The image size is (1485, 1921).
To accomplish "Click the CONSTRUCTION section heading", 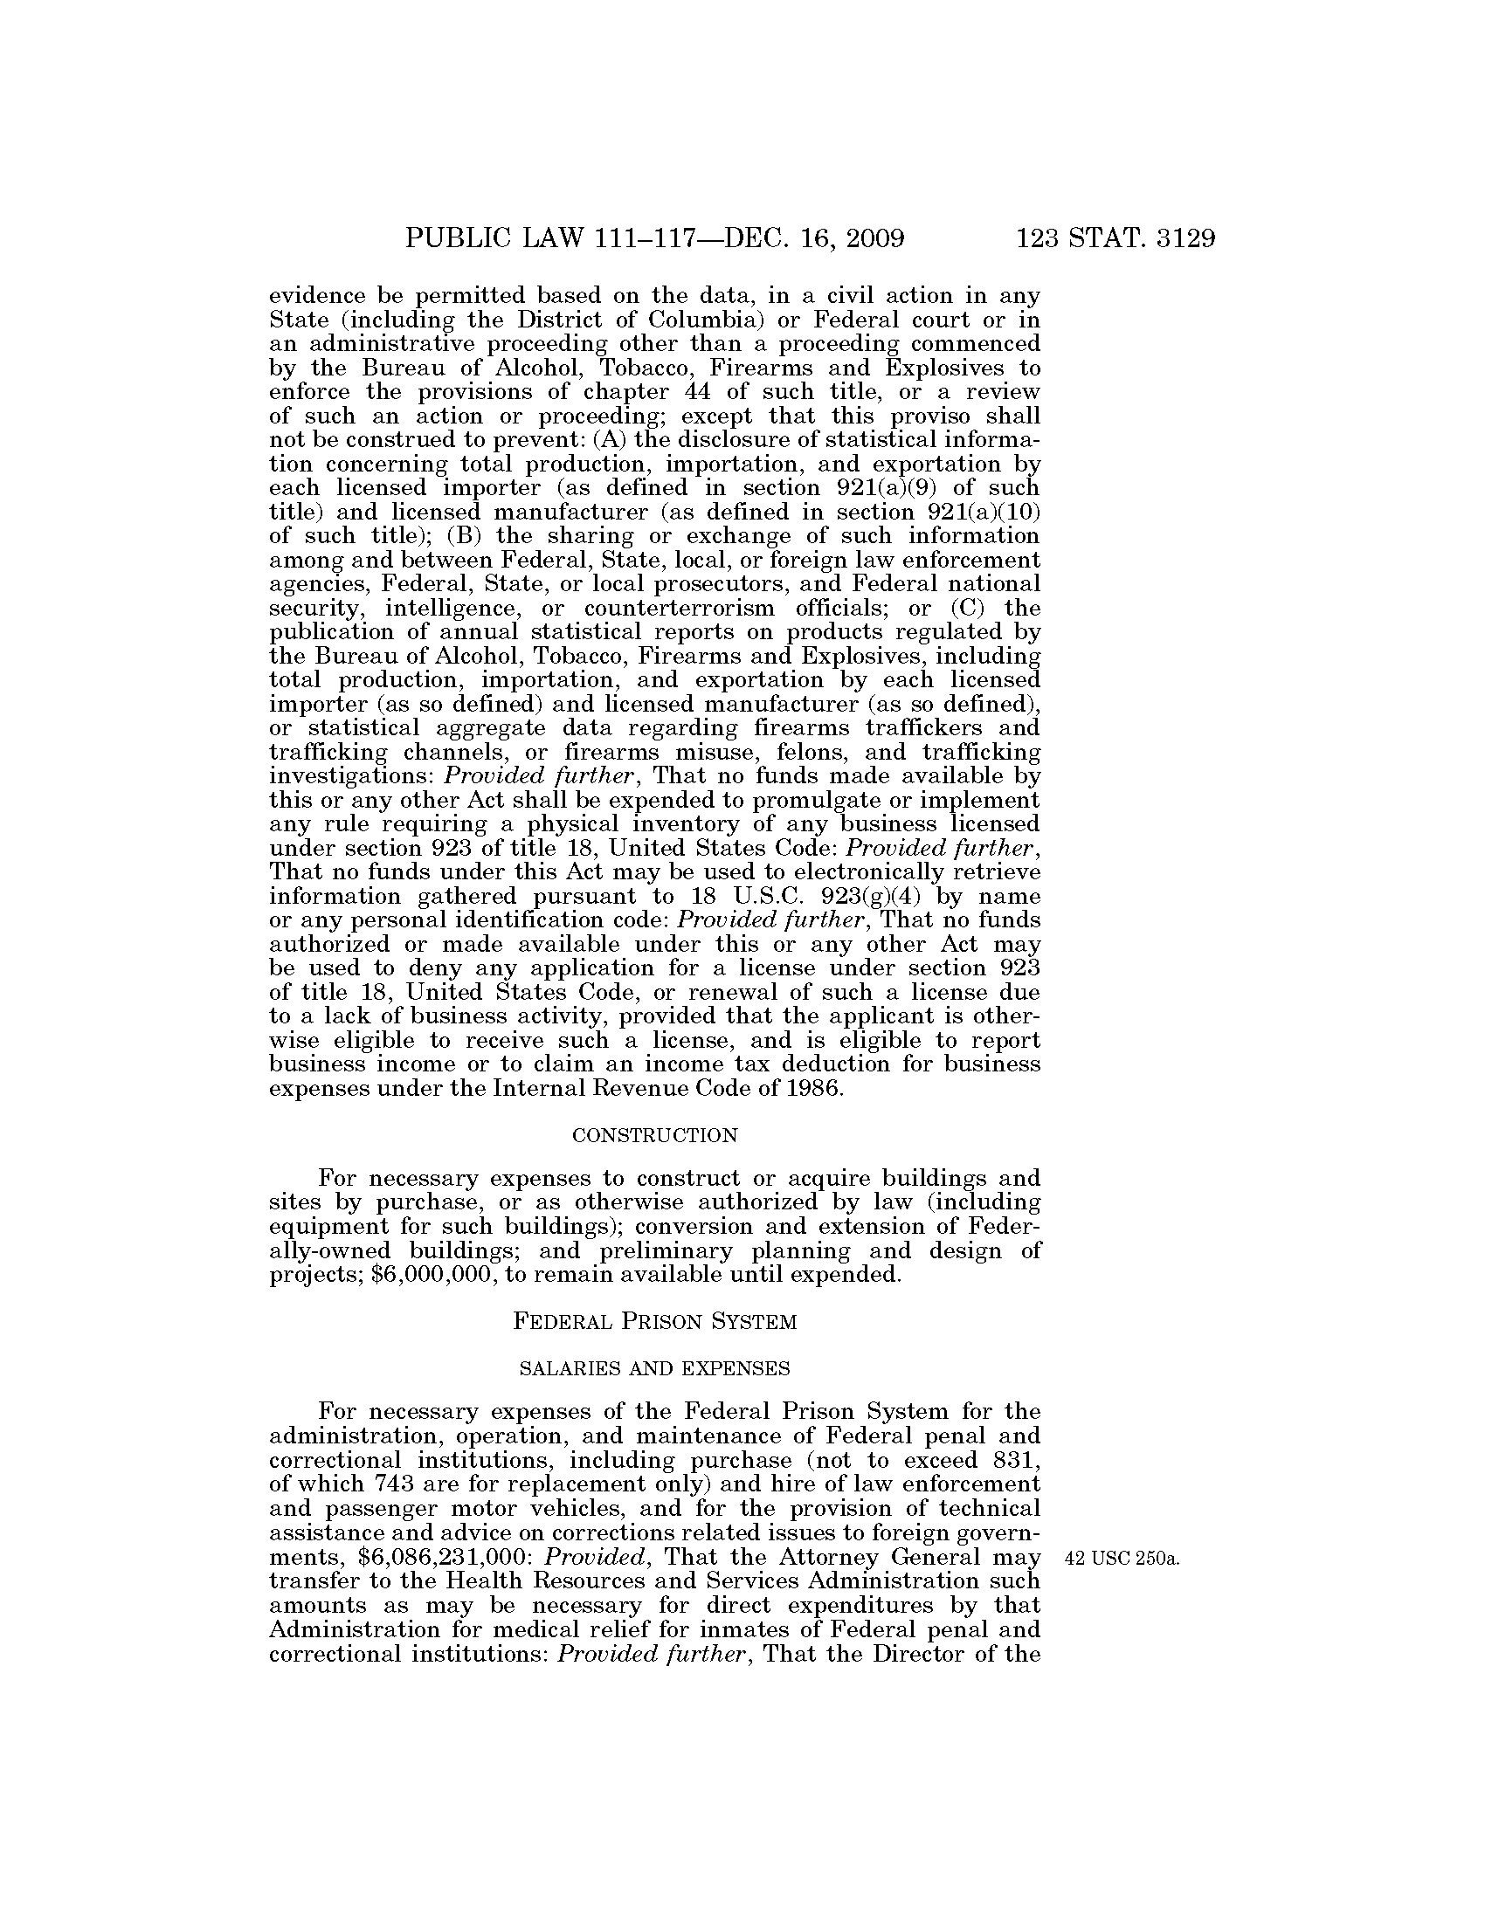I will pos(654,1135).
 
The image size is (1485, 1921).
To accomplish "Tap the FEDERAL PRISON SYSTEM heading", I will pos(654,1321).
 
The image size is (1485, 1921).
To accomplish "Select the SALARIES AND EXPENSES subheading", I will pos(654,1368).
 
